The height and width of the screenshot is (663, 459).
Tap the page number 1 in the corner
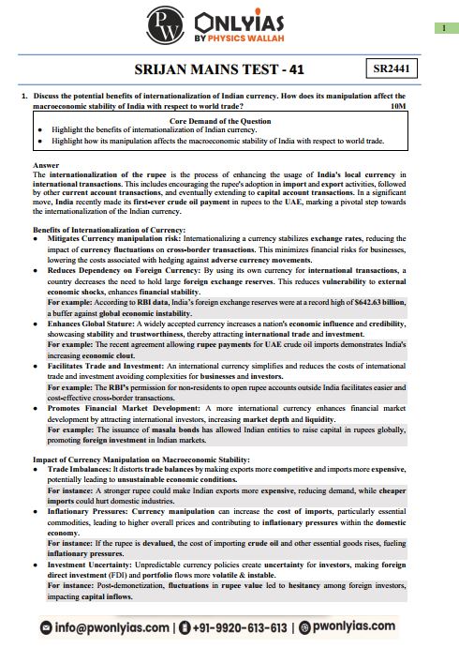441,29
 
